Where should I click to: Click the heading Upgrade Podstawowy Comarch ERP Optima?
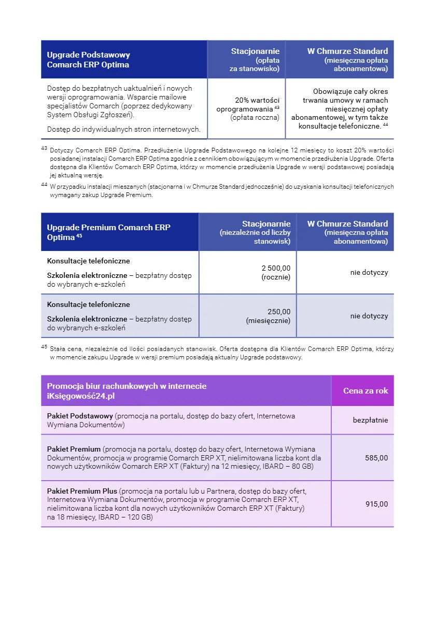click(x=88, y=60)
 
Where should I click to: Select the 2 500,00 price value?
click(x=276, y=268)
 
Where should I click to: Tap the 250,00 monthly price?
click(x=279, y=312)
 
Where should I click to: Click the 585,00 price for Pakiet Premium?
click(x=376, y=458)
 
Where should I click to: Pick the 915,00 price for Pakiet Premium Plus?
click(x=376, y=504)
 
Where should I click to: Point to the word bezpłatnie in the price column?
click(x=370, y=420)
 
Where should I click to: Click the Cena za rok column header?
click(x=366, y=390)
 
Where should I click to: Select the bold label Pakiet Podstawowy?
click(x=80, y=416)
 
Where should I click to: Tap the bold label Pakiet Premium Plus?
click(x=82, y=491)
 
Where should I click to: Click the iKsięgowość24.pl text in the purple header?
click(x=80, y=396)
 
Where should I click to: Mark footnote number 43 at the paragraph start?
click(x=44, y=149)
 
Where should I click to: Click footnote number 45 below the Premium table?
click(x=44, y=347)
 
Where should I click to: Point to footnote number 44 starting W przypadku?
click(x=44, y=185)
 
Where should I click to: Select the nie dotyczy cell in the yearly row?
click(x=369, y=272)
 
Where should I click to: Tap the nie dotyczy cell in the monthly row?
click(x=369, y=316)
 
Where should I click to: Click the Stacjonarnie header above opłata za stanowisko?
click(x=255, y=51)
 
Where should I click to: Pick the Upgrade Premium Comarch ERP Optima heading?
click(x=108, y=232)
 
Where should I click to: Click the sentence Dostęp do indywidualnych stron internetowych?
click(x=123, y=129)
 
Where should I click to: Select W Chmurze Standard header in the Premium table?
click(x=347, y=223)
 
